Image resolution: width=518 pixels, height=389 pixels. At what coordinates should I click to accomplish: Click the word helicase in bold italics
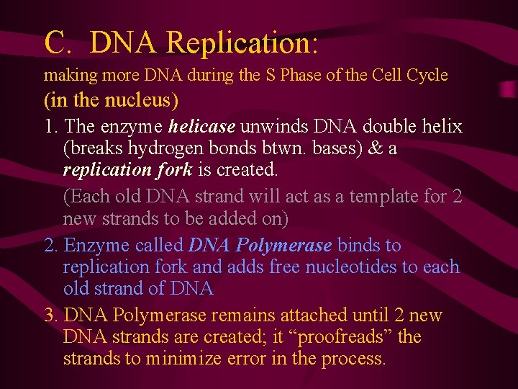[201, 127]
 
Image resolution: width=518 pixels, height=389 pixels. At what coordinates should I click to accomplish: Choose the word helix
[440, 127]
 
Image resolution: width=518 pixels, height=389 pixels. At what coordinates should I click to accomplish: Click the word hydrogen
[164, 149]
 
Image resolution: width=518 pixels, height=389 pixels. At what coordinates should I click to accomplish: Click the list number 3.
[50, 316]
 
